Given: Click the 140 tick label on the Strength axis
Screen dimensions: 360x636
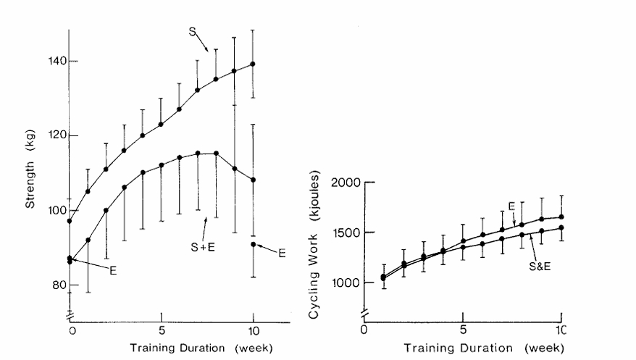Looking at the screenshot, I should [x=50, y=61].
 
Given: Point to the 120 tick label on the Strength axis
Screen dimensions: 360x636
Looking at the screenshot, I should [x=50, y=135].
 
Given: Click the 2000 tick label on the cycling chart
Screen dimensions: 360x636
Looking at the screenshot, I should [x=345, y=182].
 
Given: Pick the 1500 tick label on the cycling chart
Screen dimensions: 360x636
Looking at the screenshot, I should [x=345, y=233].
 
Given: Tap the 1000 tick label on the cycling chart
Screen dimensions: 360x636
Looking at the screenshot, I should [x=345, y=282].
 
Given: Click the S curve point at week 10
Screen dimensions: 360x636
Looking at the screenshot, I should [x=253, y=64].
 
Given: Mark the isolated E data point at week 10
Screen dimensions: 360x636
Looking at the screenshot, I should [x=253, y=244].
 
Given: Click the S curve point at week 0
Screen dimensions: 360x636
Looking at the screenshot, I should [x=70, y=221].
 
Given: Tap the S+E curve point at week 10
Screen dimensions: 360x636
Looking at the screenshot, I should [x=253, y=180].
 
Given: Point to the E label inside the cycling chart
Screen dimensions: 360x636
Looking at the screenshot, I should [x=511, y=206].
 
